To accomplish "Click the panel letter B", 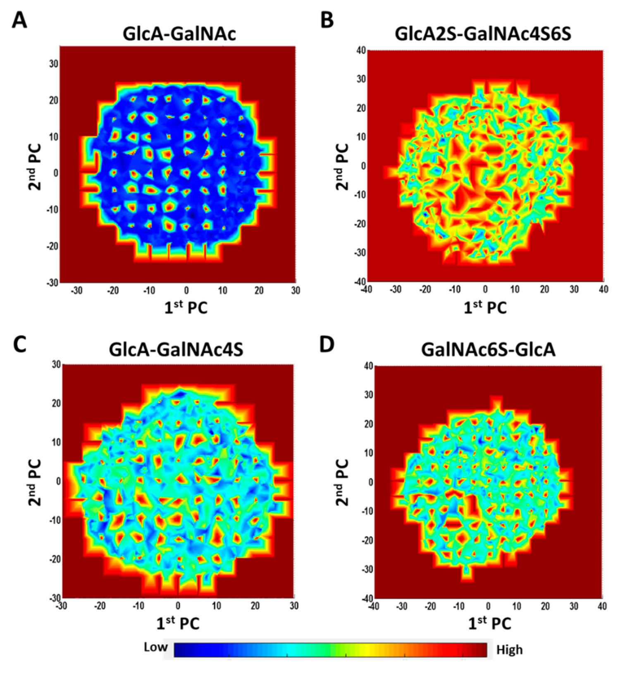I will (327, 20).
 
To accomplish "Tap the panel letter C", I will (19, 344).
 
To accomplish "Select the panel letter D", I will (327, 344).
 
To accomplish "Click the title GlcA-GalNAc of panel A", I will (179, 33).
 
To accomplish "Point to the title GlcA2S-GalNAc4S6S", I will (483, 33).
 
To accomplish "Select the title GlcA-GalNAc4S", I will (176, 350).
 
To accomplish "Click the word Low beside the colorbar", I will (155, 647).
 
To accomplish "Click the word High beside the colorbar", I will (509, 650).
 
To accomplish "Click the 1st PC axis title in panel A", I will (186, 307).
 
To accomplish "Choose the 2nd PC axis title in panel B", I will (343, 167).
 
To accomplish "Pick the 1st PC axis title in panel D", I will (489, 623).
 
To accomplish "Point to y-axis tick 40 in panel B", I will (361, 50).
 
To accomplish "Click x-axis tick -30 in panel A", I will (76, 291).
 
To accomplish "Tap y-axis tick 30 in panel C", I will (56, 364).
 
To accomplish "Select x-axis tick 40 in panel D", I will (602, 606).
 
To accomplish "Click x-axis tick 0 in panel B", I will (485, 289).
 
